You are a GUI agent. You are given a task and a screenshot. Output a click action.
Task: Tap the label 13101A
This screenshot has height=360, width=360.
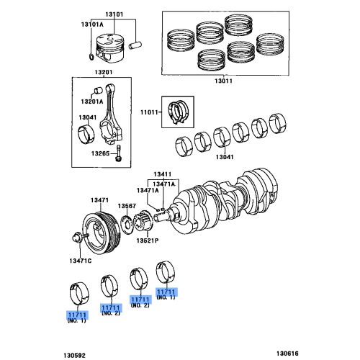click(x=91, y=25)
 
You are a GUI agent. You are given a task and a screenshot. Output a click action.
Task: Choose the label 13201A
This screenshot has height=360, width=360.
click(x=91, y=102)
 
